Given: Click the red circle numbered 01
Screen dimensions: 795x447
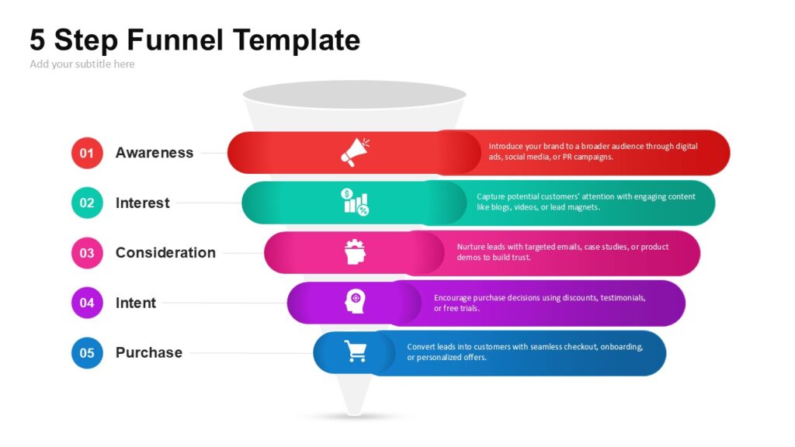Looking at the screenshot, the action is pos(87,153).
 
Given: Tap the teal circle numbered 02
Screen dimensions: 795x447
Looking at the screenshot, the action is pos(87,203).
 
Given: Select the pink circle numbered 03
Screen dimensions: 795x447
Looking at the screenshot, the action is pos(87,253).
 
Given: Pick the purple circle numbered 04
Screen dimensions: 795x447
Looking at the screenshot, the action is pos(87,303).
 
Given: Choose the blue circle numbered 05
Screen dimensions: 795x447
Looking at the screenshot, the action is pos(87,353).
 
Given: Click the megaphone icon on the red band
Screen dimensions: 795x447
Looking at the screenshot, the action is pos(355,152).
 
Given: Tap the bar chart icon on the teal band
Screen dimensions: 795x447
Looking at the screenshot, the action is pos(355,202).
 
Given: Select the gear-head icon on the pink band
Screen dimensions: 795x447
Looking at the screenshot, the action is pos(355,252).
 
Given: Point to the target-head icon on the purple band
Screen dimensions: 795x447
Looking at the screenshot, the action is pos(355,301).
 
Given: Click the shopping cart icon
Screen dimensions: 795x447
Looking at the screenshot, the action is pos(356,351).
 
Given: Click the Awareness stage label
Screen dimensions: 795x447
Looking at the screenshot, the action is pos(154,153).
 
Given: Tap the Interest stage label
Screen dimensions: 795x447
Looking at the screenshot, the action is pos(143,203).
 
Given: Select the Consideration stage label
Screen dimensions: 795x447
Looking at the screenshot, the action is pos(165,252).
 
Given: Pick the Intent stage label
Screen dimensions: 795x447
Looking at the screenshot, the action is pos(135,303).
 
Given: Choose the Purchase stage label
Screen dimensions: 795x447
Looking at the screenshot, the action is pos(148,352).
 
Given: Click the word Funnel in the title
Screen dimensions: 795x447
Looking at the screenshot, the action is pos(175,40).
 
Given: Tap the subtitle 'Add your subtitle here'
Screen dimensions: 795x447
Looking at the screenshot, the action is pos(82,64).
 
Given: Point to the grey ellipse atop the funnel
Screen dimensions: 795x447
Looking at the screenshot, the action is pos(354,95).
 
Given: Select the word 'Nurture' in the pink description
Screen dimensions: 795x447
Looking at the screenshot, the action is pos(470,247).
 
